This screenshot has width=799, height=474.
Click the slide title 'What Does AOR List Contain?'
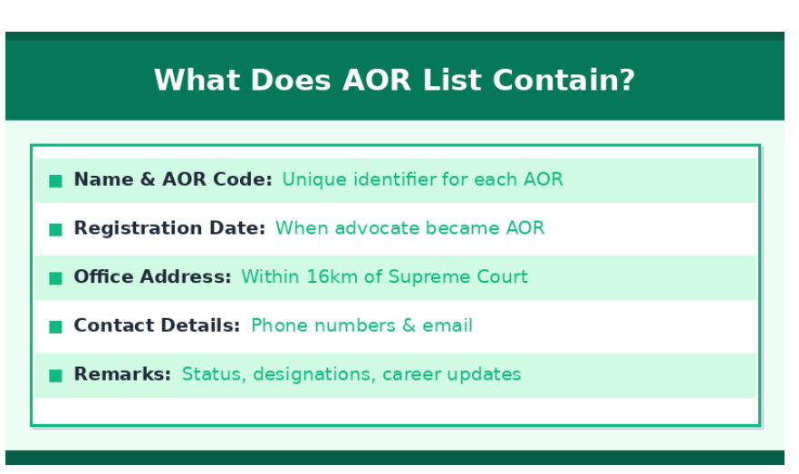394,80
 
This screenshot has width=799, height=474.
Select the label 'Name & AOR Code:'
172,179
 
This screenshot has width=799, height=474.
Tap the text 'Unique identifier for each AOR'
422,179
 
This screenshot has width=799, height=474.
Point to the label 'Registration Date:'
169,228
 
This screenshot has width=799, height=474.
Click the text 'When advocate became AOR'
409,228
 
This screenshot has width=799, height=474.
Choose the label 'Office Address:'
152,277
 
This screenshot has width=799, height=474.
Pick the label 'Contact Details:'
157,326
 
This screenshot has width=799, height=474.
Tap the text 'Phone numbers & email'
361,326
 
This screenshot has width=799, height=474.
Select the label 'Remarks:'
122,374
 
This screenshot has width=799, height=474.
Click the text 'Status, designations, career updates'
351,374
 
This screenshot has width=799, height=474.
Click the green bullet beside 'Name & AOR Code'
55,180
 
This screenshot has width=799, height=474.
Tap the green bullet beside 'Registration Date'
55,229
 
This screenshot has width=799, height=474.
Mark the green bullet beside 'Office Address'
55,278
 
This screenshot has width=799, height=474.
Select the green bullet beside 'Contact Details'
55,327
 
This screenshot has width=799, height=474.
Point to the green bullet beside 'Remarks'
55,375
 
